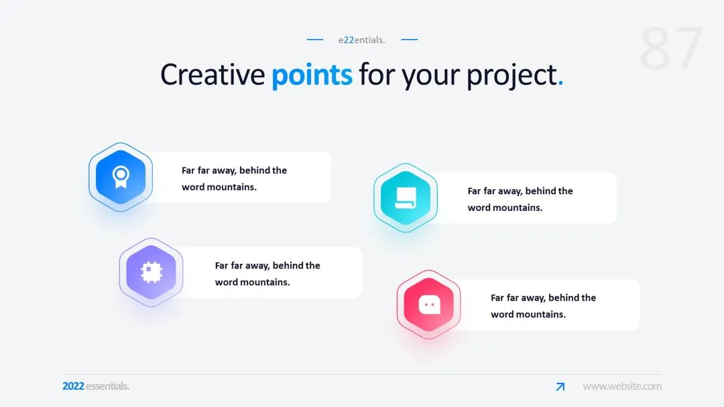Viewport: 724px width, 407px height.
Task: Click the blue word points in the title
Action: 312,75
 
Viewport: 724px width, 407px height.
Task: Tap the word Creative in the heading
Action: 213,74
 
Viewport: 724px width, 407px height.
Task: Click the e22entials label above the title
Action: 361,39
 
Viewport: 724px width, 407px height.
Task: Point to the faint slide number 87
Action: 671,48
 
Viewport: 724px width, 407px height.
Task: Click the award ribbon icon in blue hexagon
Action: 121,177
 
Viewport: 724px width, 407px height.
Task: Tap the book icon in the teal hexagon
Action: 406,197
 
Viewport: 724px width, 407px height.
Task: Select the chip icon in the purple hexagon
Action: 151,272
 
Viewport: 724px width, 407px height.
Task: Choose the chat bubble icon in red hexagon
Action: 430,305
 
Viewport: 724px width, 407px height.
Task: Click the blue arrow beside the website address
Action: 560,387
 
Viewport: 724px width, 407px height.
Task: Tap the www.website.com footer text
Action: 622,386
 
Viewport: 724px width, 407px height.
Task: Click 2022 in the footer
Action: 74,386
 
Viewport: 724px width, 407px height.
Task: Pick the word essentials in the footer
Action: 107,386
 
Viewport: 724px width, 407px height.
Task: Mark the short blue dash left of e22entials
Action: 315,39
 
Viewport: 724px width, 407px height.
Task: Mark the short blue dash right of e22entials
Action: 410,39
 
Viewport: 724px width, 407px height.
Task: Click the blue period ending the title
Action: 560,83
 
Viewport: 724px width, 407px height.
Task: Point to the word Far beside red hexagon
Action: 497,298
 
